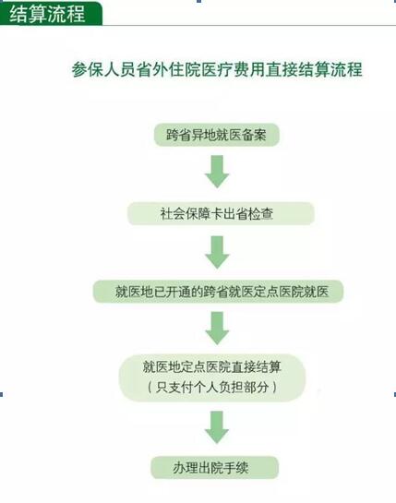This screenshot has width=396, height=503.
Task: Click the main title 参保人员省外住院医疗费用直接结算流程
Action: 217,69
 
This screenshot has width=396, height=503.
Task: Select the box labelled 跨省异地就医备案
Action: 217,135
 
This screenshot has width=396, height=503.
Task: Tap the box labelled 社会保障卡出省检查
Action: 221,213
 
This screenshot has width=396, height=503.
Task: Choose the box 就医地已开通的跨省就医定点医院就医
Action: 218,292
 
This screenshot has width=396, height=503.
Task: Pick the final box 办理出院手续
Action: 214,468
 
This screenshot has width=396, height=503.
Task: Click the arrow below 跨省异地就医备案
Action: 217,172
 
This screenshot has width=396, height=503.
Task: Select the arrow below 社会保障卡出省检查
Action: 217,252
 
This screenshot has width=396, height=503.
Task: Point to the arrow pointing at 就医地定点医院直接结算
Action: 217,329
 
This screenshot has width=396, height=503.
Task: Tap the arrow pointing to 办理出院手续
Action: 217,427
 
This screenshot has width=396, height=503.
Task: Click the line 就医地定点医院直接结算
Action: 212,367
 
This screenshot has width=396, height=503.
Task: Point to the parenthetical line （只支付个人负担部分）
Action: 212,388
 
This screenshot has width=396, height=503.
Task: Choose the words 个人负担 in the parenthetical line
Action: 218,388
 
